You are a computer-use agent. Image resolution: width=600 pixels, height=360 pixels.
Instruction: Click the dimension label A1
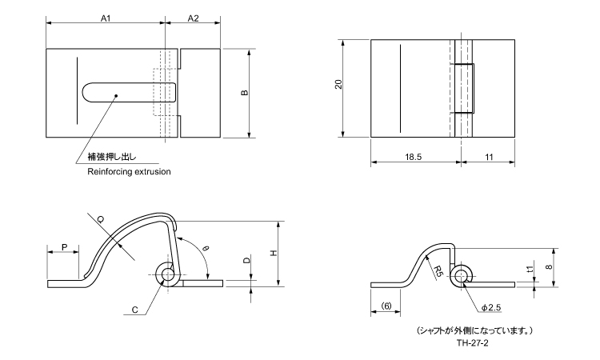[x=105, y=17]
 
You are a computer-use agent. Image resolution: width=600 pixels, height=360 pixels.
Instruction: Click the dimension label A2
[x=194, y=17]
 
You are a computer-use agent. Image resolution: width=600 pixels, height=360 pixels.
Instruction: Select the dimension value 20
[x=338, y=84]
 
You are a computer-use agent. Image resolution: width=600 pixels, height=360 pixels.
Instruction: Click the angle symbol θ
[x=206, y=249]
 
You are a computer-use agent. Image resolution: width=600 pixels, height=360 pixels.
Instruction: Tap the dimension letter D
[x=247, y=261]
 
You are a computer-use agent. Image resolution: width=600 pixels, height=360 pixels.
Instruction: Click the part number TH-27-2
[x=472, y=342]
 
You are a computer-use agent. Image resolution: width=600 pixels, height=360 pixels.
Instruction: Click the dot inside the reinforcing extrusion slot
[x=116, y=96]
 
